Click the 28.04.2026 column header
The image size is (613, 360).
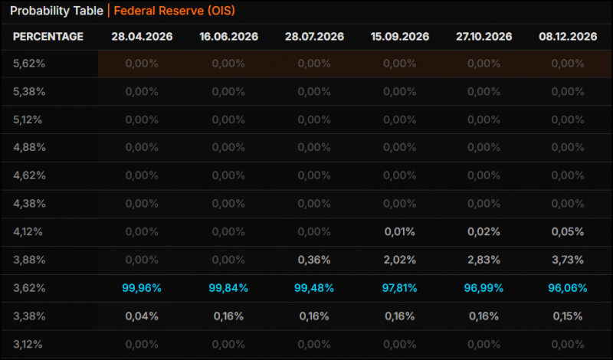tap(142, 37)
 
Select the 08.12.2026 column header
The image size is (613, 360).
tap(568, 37)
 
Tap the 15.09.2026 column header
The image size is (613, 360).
tap(400, 37)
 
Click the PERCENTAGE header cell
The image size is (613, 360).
tap(48, 37)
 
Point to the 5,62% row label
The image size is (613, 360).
tap(29, 64)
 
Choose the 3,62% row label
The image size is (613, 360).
tap(29, 289)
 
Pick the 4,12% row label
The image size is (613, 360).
tap(28, 232)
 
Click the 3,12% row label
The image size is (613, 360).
tap(28, 345)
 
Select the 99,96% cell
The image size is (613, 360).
tap(142, 289)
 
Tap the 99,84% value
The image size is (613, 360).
tap(228, 289)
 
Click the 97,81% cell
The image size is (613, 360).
tap(399, 289)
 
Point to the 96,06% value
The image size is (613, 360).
tap(568, 289)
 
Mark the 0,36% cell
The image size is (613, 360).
tap(314, 260)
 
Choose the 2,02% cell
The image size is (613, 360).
tap(400, 260)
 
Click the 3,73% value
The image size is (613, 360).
tap(568, 260)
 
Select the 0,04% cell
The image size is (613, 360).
tap(142, 316)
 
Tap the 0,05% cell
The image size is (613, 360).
tap(568, 232)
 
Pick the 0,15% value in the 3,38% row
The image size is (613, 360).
tap(568, 316)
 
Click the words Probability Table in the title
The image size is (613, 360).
tap(56, 11)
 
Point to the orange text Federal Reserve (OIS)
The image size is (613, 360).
tap(175, 11)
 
